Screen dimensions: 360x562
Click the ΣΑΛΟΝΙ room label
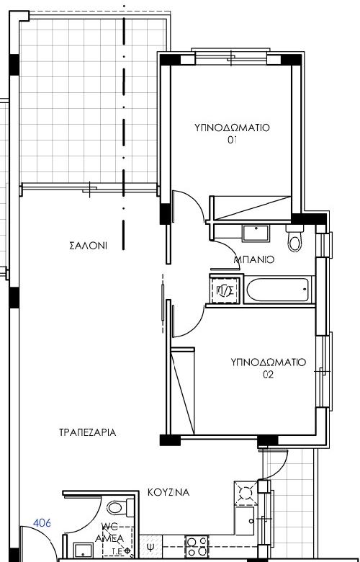pos(88,246)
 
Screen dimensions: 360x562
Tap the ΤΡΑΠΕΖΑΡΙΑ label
pos(87,432)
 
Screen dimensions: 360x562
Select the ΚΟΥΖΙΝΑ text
pos(168,492)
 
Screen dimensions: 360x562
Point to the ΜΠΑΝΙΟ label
pos(254,259)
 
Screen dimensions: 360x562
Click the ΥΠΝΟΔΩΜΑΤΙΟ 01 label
pos(232,133)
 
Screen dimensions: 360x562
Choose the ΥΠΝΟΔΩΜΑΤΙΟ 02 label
pos(269,368)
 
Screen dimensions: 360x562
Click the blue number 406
pos(42,523)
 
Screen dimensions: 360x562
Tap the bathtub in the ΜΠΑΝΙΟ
pos(278,289)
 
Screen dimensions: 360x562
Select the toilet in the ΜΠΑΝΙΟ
pos(294,238)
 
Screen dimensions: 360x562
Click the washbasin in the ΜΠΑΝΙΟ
pos(256,233)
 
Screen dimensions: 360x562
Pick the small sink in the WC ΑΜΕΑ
pos(83,550)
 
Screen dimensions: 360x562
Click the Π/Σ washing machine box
pos(225,289)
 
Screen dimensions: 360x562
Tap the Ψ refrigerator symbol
pos(150,547)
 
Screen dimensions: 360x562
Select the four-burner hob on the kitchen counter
pos(197,547)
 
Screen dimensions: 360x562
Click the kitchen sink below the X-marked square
pos(245,520)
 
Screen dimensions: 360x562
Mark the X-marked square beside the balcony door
pos(246,494)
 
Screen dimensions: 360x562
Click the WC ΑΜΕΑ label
pos(110,532)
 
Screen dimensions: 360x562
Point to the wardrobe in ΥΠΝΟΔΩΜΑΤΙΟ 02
pos(183,391)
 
